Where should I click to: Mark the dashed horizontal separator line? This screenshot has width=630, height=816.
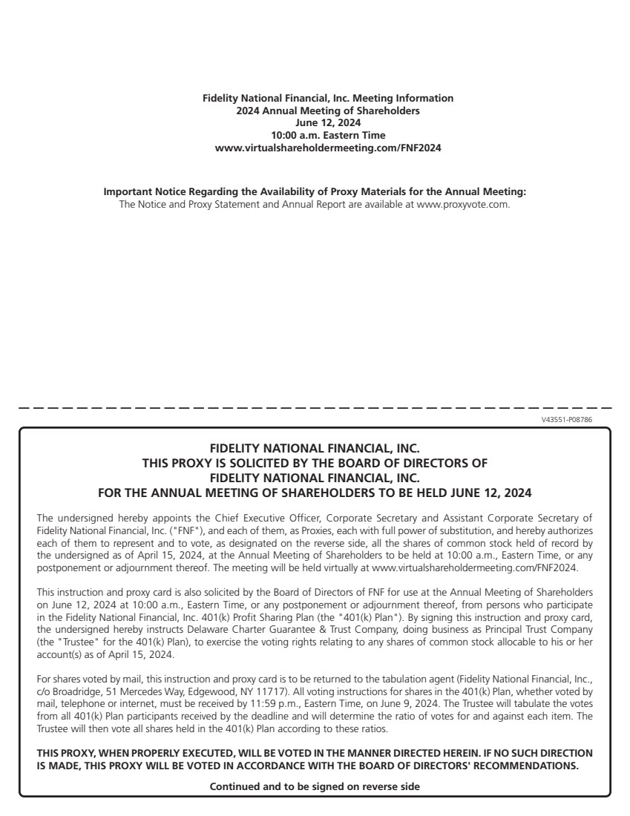point(315,408)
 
